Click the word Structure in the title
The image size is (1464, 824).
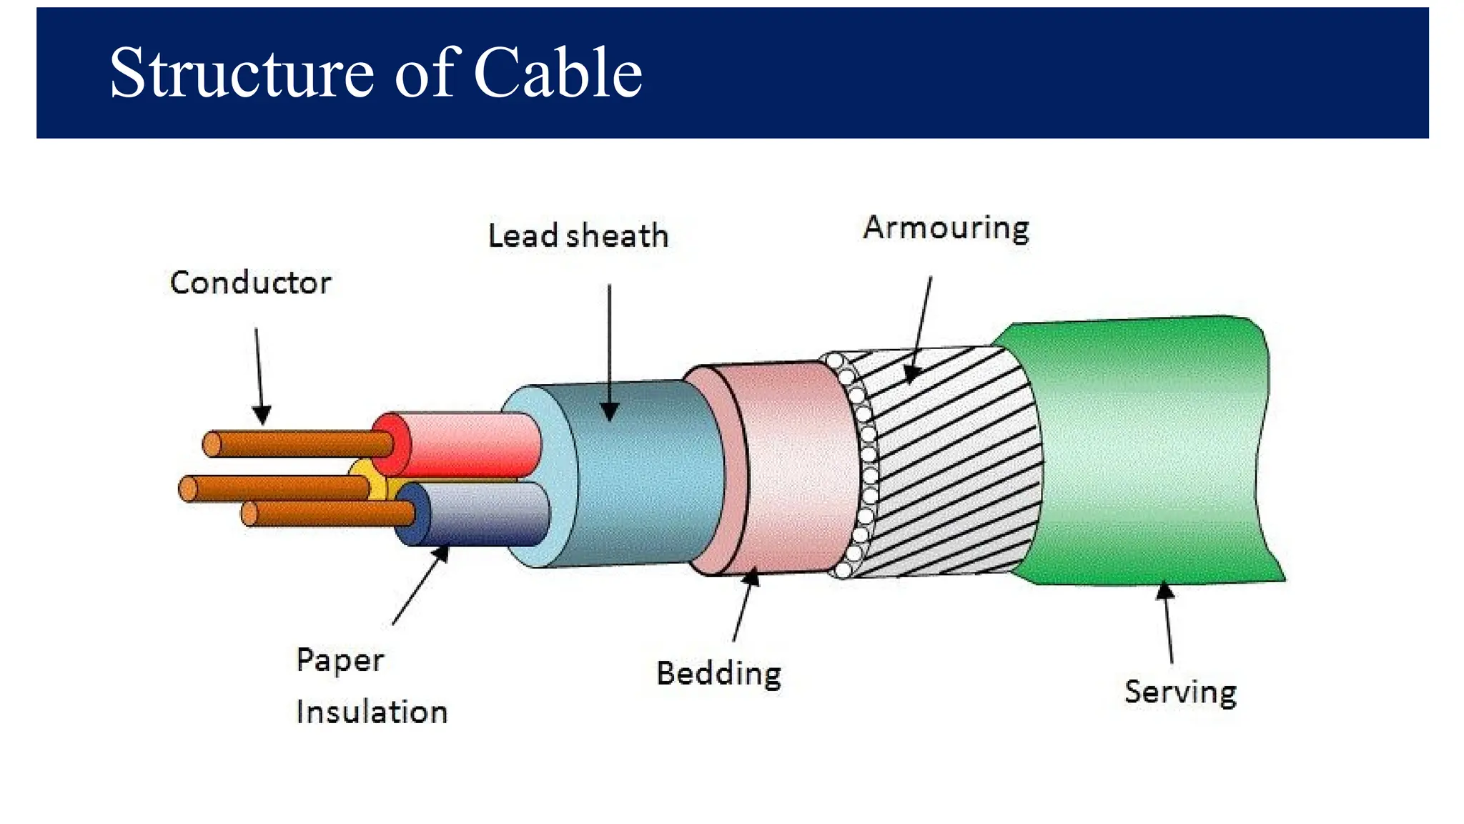click(x=241, y=73)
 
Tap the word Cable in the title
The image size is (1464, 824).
click(x=558, y=73)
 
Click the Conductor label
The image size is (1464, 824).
click(x=250, y=283)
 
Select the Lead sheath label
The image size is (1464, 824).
click(x=578, y=236)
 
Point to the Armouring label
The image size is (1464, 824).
click(x=946, y=228)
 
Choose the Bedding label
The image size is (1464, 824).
click(x=718, y=674)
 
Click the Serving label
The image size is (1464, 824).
click(x=1180, y=692)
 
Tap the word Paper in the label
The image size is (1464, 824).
click(x=340, y=659)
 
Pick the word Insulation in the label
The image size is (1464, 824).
click(x=372, y=712)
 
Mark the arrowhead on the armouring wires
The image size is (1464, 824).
click(x=911, y=373)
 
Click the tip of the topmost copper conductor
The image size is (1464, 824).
click(x=212, y=444)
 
